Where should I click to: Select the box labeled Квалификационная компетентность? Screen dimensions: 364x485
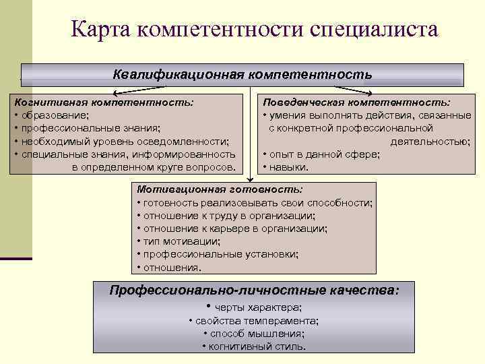click(x=242, y=74)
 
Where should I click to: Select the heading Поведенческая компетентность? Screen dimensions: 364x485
click(x=357, y=102)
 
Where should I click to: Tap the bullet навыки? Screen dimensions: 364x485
click(x=288, y=167)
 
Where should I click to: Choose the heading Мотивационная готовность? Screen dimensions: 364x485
click(x=220, y=190)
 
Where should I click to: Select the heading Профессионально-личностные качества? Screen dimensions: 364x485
click(x=254, y=291)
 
